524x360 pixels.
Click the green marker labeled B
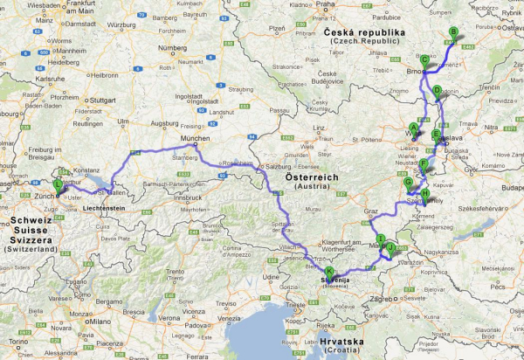(x=452, y=33)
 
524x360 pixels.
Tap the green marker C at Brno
(x=424, y=60)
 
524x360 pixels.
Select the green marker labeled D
(x=437, y=90)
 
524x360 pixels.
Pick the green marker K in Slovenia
(x=329, y=272)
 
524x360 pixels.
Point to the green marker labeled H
(x=425, y=194)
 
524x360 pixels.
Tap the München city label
(x=196, y=139)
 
